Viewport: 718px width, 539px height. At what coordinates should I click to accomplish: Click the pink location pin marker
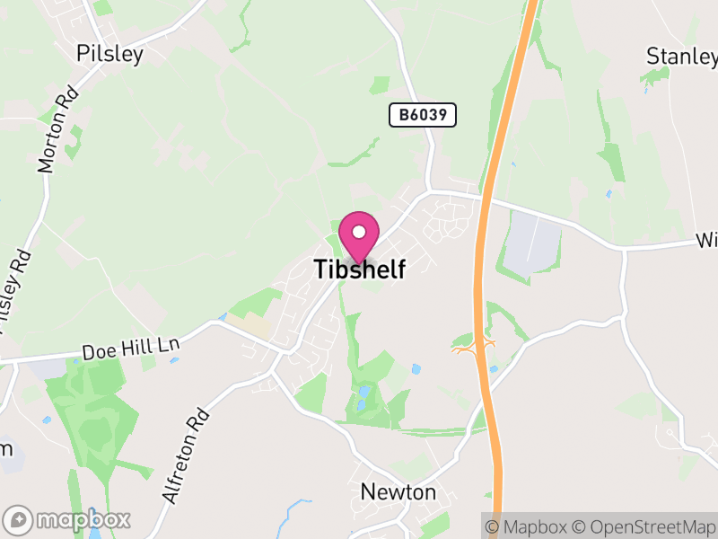[x=359, y=235]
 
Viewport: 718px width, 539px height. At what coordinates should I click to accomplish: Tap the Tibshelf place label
[x=359, y=269]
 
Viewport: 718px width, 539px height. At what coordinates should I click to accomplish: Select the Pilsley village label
[x=110, y=54]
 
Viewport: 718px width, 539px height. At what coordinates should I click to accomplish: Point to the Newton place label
[x=398, y=492]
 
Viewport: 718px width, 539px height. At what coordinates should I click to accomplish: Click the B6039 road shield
[x=423, y=115]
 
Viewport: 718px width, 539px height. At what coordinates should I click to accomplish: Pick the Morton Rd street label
[x=57, y=131]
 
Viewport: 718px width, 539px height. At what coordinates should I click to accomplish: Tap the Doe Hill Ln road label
[x=131, y=347]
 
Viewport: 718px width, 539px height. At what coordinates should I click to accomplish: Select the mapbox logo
[x=68, y=519]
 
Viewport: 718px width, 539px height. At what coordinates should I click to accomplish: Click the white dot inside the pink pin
[x=359, y=231]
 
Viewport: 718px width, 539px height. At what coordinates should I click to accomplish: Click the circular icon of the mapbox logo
[x=19, y=519]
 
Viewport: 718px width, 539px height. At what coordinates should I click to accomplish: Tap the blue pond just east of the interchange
[x=494, y=367]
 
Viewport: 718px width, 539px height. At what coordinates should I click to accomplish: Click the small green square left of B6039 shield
[x=381, y=85]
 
